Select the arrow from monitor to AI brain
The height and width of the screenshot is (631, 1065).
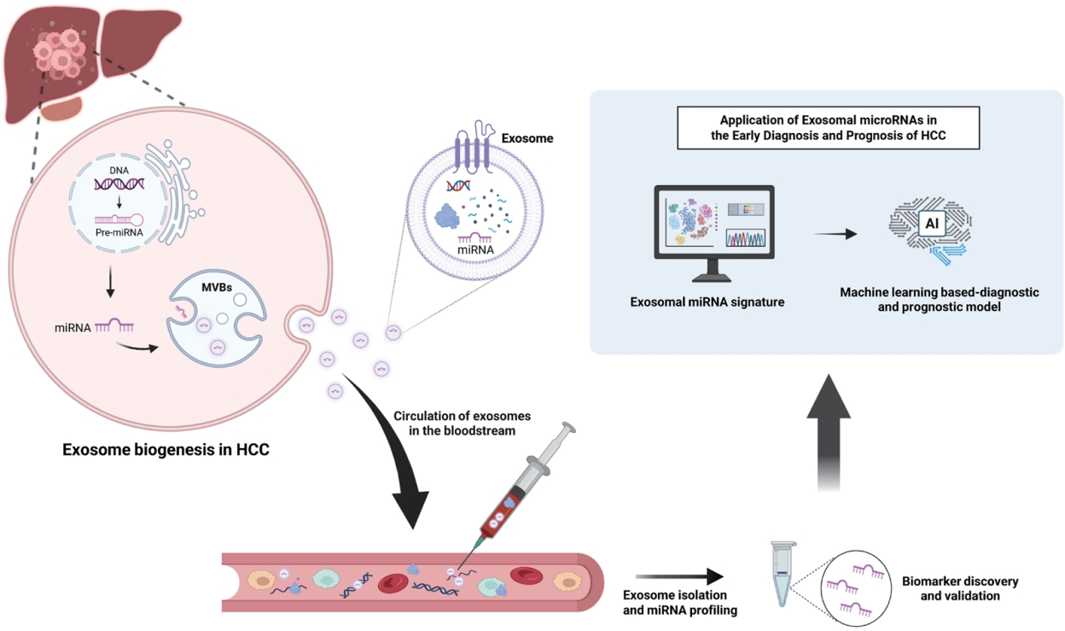pyautogui.click(x=835, y=232)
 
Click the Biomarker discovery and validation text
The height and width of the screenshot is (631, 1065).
pyautogui.click(x=960, y=588)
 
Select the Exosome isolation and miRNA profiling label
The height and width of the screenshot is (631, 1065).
pyautogui.click(x=674, y=602)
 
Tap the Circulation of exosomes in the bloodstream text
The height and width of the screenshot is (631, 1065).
pyautogui.click(x=461, y=424)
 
